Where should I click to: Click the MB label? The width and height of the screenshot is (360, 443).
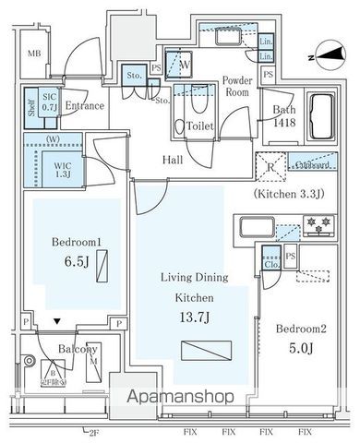(x=34, y=54)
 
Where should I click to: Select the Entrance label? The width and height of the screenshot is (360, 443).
(x=84, y=106)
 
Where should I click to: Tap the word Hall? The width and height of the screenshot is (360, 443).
(x=173, y=161)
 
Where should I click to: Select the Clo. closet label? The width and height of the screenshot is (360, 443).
(x=270, y=261)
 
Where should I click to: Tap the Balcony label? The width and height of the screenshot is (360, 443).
(x=79, y=350)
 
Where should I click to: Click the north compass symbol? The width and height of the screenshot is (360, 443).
(x=320, y=53)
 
